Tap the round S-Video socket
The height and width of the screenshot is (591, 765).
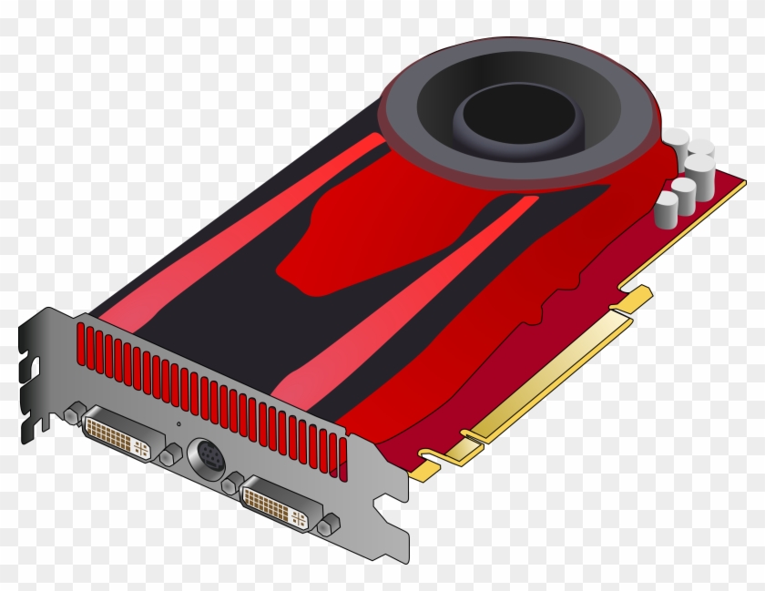(206, 454)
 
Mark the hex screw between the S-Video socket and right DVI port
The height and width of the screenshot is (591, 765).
(231, 483)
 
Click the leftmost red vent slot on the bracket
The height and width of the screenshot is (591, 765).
(81, 341)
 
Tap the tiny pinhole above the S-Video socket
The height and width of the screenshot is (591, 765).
(178, 424)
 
